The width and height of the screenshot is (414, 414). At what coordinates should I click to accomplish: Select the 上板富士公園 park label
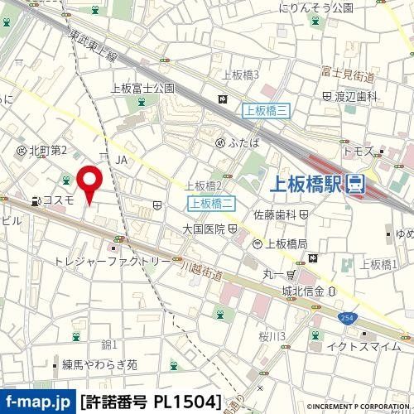click(x=142, y=87)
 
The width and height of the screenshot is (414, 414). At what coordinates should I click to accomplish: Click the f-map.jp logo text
click(x=36, y=402)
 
